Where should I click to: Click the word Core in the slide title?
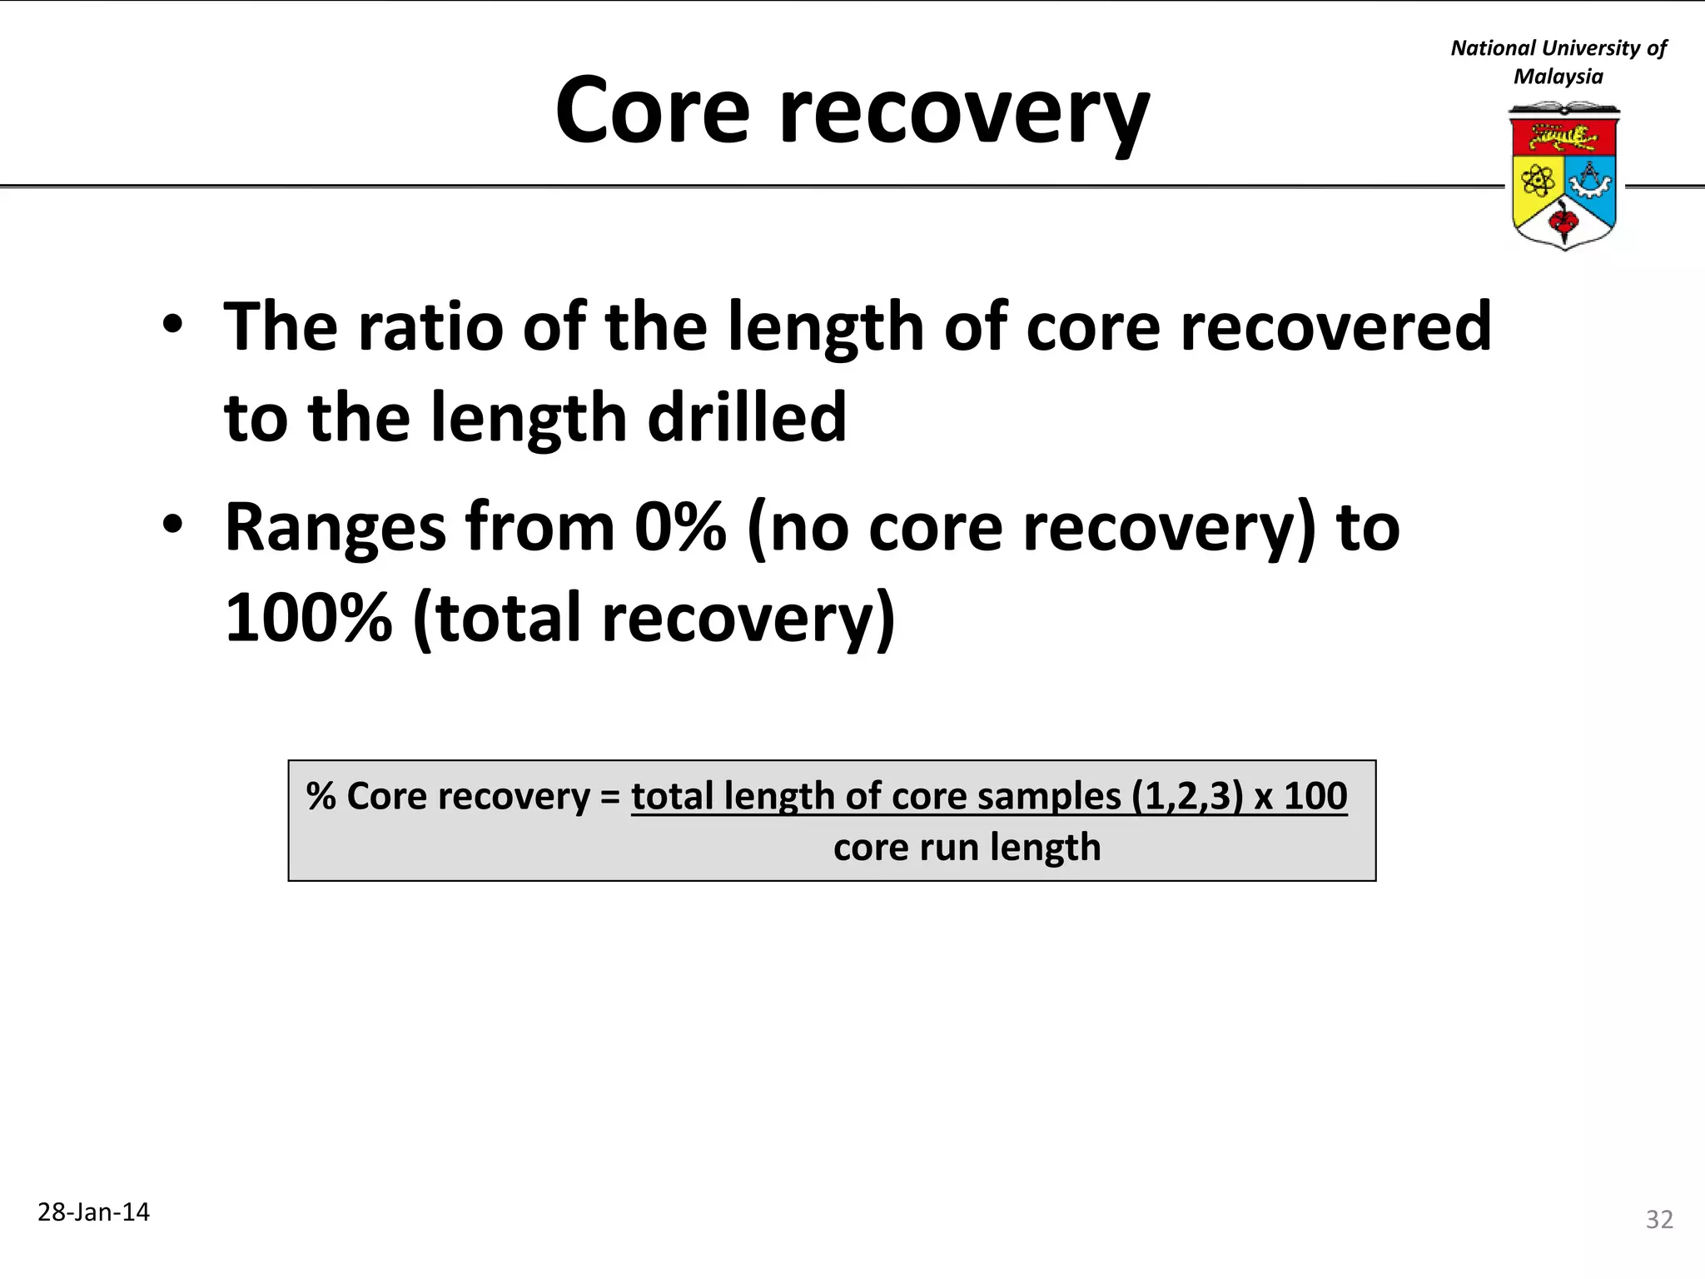click(x=653, y=111)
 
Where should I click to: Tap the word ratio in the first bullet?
click(x=430, y=326)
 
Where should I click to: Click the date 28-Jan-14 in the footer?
click(x=93, y=1212)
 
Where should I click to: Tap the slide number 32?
click(x=1659, y=1219)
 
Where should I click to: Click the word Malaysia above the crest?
click(x=1558, y=77)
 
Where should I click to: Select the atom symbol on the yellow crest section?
click(x=1537, y=179)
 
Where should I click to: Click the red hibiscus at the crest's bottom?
click(x=1563, y=221)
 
